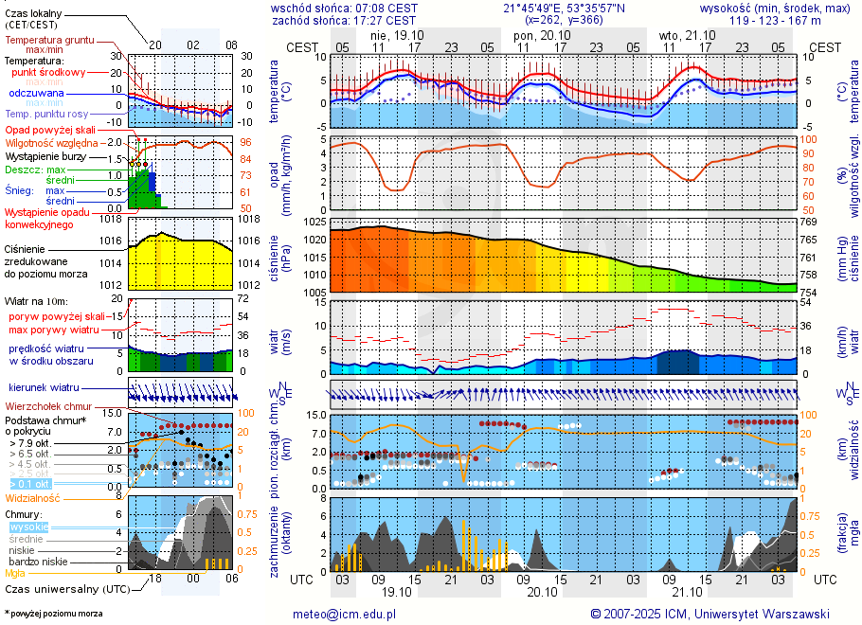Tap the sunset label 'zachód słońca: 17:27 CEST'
(x=344, y=19)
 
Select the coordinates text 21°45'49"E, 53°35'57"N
(x=564, y=7)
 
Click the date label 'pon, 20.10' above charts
(x=537, y=34)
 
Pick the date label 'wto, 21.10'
(x=682, y=34)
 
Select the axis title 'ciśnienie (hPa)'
(x=286, y=258)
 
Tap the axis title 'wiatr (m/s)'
(x=286, y=337)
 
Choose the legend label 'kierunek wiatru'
(x=44, y=388)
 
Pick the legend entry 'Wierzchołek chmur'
(x=47, y=405)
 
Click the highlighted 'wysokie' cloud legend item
(x=28, y=527)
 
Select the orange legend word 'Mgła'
(x=15, y=573)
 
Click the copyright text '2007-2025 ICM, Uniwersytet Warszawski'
(x=716, y=614)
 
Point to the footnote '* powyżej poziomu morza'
(x=54, y=614)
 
